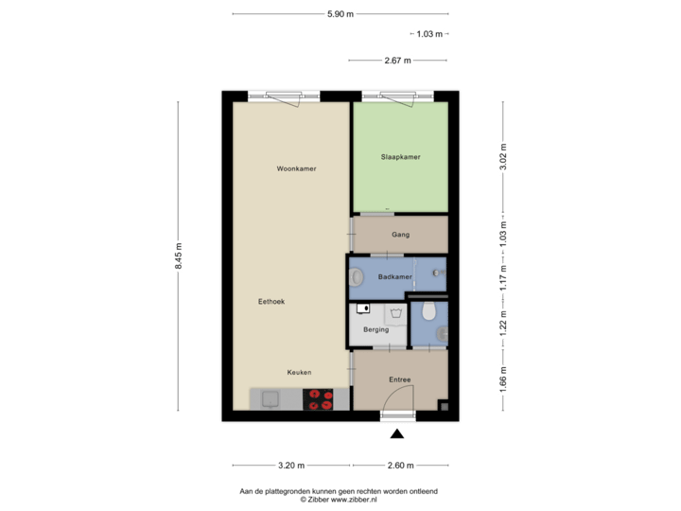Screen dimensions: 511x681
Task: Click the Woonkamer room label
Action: pyautogui.click(x=296, y=168)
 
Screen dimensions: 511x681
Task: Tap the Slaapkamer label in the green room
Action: pyautogui.click(x=400, y=157)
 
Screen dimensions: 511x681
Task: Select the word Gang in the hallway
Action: pyautogui.click(x=399, y=235)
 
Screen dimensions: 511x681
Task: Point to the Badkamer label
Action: pyautogui.click(x=394, y=276)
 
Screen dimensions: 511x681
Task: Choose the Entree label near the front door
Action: pyautogui.click(x=400, y=379)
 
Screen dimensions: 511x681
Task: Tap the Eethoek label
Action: pyautogui.click(x=271, y=301)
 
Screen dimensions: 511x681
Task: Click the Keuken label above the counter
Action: pyautogui.click(x=300, y=372)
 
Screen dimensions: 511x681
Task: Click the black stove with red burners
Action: pyautogui.click(x=319, y=399)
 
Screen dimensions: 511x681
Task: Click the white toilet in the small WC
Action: pyautogui.click(x=429, y=310)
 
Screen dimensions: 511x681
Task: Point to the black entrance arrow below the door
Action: pyautogui.click(x=397, y=434)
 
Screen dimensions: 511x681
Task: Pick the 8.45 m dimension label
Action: pyautogui.click(x=178, y=256)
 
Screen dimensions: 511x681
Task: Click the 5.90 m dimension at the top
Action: pyautogui.click(x=340, y=14)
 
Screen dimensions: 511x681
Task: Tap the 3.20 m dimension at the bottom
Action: pyautogui.click(x=291, y=466)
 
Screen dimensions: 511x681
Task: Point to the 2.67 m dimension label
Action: pyautogui.click(x=398, y=60)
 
